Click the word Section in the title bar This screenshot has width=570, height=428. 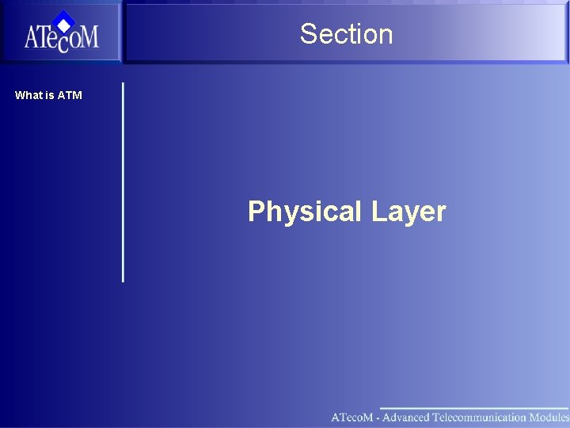coord(346,34)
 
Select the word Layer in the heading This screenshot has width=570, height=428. coord(408,212)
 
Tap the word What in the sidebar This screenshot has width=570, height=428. coord(28,95)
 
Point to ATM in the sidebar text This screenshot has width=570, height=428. coord(70,95)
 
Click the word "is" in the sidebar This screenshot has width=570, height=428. coord(50,95)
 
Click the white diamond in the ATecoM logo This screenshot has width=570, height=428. coord(63,24)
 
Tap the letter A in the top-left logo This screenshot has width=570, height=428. coord(32,37)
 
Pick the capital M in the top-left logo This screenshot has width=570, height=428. coord(88,37)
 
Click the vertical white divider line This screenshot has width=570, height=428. coord(123,182)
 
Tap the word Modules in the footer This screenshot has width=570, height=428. coord(549,417)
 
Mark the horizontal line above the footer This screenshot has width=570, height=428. coord(475,407)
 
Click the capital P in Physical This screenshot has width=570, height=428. coord(256,212)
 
